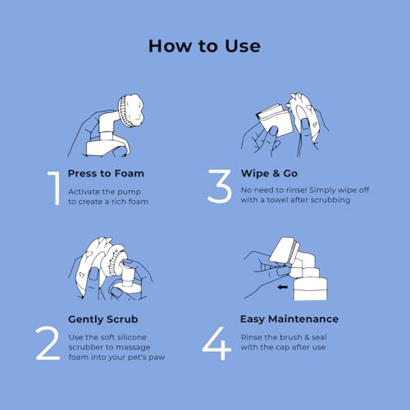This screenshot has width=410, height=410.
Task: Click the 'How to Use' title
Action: [x=204, y=46]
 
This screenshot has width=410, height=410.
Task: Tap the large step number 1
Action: [x=54, y=188]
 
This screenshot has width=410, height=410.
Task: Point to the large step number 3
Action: [x=219, y=188]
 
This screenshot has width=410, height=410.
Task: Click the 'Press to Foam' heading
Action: [x=106, y=174]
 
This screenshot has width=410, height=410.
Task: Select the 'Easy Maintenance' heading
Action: [x=289, y=319]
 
